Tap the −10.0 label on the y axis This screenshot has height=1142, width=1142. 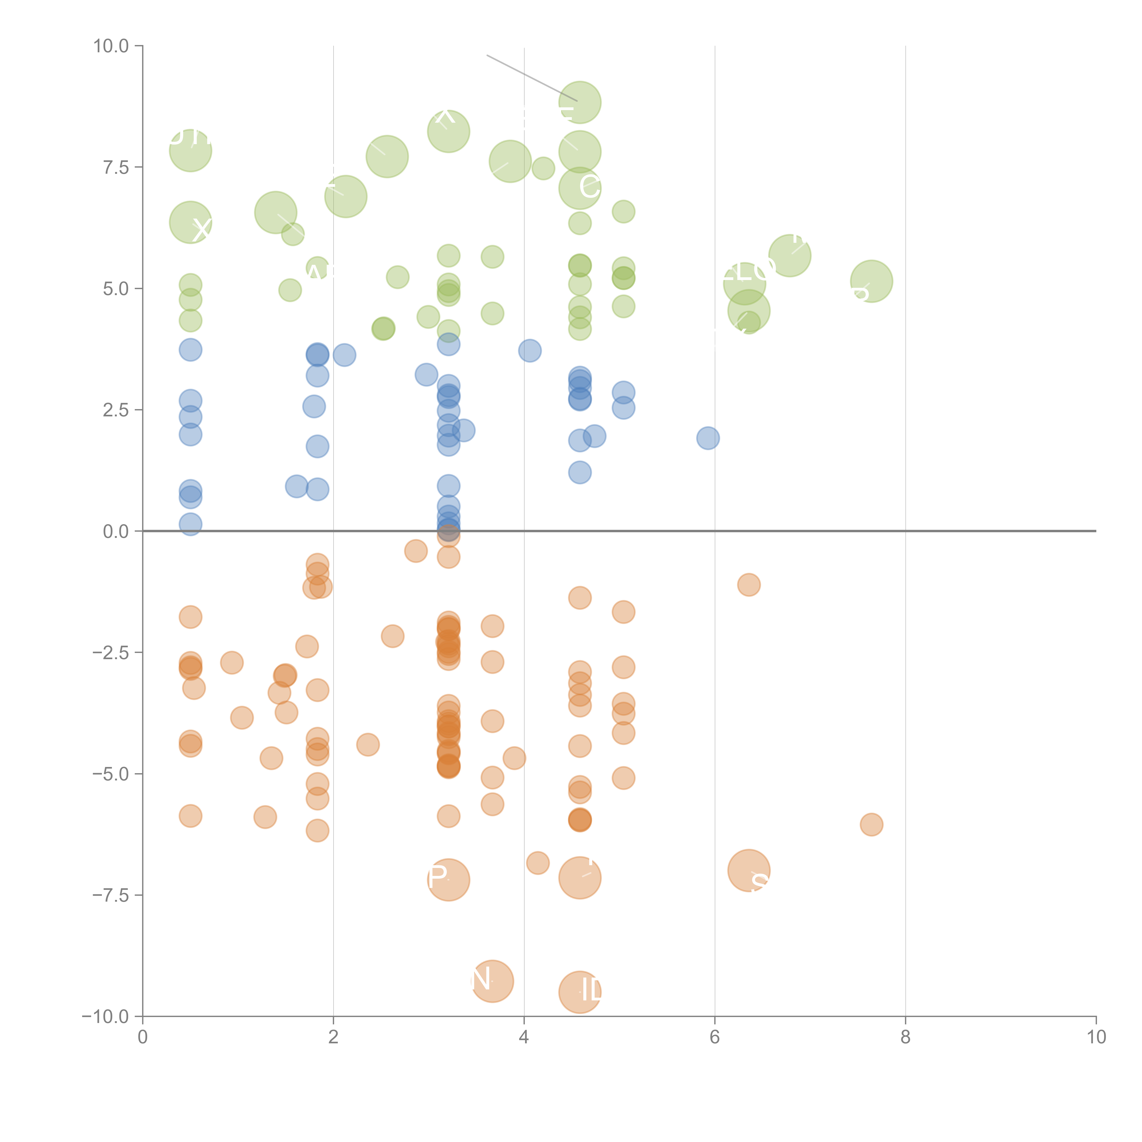[105, 1017]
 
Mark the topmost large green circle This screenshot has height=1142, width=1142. [580, 102]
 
